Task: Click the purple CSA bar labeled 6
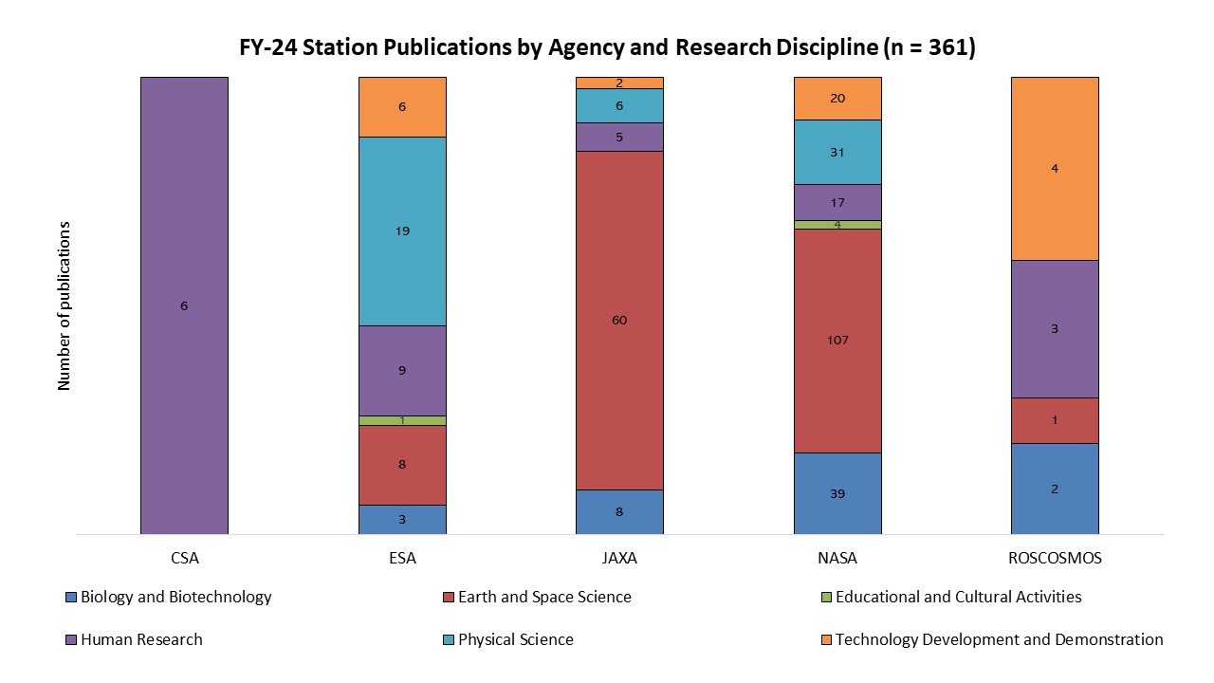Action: click(184, 305)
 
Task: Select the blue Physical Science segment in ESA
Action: click(402, 231)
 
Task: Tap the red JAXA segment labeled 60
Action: click(619, 320)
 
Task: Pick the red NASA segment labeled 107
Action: click(837, 340)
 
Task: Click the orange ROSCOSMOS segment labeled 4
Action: click(1055, 169)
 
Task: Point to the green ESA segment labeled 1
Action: click(402, 420)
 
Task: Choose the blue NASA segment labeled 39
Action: click(837, 493)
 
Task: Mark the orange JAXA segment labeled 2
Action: click(619, 83)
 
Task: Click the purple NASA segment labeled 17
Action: click(837, 202)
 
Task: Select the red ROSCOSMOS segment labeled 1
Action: click(1055, 420)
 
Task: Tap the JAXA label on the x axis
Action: click(619, 558)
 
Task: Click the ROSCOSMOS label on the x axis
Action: click(1055, 558)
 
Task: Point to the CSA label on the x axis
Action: click(184, 558)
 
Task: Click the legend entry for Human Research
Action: click(141, 639)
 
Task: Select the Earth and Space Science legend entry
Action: click(543, 597)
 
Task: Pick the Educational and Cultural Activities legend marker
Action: click(825, 598)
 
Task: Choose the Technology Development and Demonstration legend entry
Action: click(999, 639)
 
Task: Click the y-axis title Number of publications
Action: click(64, 305)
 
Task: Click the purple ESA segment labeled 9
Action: click(402, 370)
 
